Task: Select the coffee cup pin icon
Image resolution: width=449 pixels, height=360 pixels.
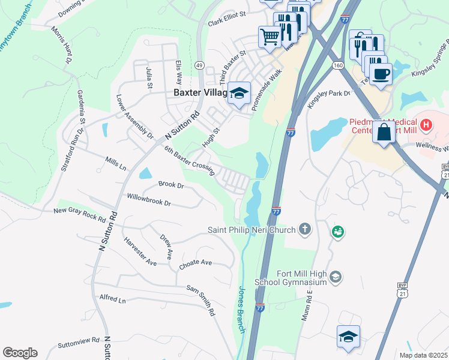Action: (x=381, y=74)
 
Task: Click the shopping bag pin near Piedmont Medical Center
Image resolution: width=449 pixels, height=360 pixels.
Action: (x=384, y=131)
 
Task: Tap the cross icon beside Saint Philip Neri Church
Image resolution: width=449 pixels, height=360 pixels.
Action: (x=305, y=229)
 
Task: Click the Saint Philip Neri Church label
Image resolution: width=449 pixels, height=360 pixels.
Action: (x=252, y=230)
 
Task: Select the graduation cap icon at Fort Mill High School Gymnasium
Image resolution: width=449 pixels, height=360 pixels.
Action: (x=336, y=277)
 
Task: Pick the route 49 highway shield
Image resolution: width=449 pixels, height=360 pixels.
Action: (x=199, y=65)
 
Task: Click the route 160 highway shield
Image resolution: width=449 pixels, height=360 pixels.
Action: (x=339, y=65)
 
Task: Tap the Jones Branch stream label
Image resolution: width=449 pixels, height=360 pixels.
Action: (x=241, y=310)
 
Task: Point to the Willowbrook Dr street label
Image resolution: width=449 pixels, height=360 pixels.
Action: (x=149, y=200)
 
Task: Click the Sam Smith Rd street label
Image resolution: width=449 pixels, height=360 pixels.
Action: (x=200, y=301)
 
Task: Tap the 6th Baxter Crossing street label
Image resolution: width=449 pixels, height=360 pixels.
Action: (x=189, y=161)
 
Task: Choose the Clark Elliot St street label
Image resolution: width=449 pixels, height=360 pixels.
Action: (x=228, y=18)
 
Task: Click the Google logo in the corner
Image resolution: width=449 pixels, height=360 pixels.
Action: (x=20, y=352)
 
